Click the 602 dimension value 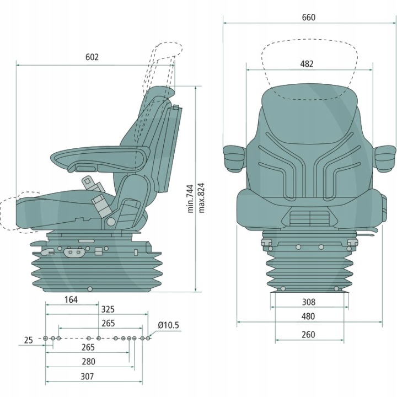92,57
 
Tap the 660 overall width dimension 308,17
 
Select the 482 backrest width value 307,64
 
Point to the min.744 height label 191,198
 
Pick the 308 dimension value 309,302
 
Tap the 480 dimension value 309,316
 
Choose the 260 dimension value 309,334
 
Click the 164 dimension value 71,300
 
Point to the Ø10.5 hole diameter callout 168,325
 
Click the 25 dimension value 29,340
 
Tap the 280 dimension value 88,362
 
